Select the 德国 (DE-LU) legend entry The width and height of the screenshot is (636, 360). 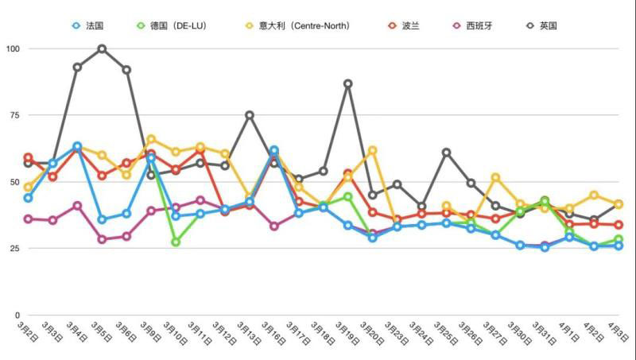click(x=175, y=26)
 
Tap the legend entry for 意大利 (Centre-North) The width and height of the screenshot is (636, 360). click(x=298, y=26)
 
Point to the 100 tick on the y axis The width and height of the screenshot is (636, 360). click(x=13, y=48)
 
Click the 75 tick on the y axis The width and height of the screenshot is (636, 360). click(x=15, y=115)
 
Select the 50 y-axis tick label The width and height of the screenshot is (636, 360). click(x=15, y=182)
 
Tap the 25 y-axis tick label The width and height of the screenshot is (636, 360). click(x=15, y=249)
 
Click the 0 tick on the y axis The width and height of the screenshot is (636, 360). click(x=17, y=315)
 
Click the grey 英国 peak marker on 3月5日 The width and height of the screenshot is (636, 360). click(x=102, y=48)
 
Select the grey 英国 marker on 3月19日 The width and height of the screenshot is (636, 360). click(x=347, y=83)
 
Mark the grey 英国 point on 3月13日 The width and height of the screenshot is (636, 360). click(x=250, y=115)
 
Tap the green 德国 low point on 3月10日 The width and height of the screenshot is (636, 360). click(x=176, y=242)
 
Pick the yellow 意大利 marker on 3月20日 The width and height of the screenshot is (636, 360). click(x=372, y=150)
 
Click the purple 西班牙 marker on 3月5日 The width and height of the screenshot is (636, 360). click(x=102, y=239)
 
